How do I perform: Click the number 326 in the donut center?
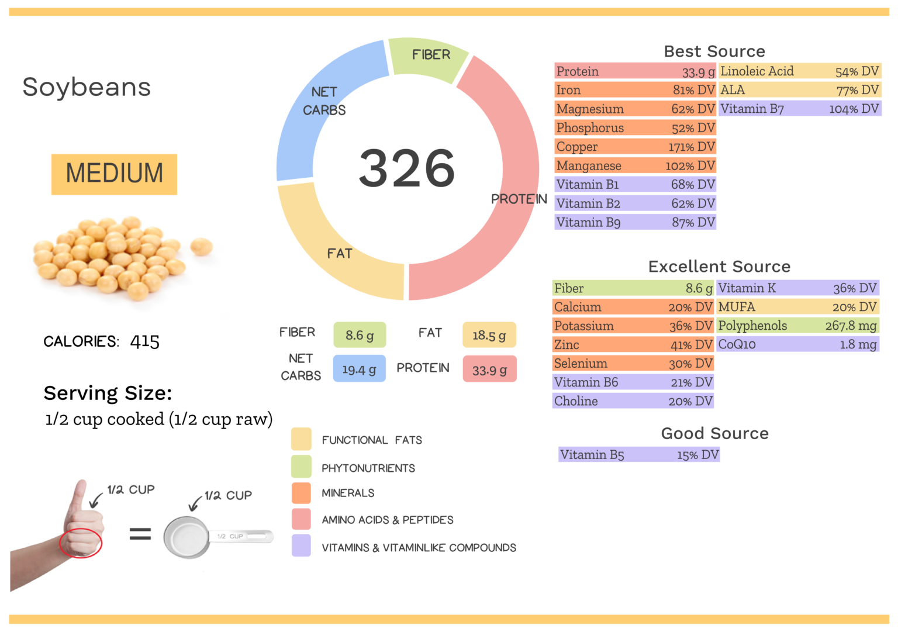point(406,168)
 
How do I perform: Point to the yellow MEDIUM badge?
point(114,174)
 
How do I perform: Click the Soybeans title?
point(87,87)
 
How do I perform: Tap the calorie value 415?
point(144,341)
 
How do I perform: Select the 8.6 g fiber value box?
point(359,335)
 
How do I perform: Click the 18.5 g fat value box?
point(489,335)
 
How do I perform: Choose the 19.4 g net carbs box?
point(359,369)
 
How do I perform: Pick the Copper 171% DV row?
point(635,147)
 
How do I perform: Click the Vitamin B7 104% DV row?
point(799,109)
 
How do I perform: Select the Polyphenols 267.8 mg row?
point(797,326)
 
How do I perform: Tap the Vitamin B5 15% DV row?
point(638,455)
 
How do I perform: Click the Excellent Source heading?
point(719,267)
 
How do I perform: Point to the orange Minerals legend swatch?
point(301,493)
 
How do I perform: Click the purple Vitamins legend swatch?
point(301,545)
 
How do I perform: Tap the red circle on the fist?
point(81,543)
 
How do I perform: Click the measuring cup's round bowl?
point(186,537)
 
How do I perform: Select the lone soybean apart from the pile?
point(201,246)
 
